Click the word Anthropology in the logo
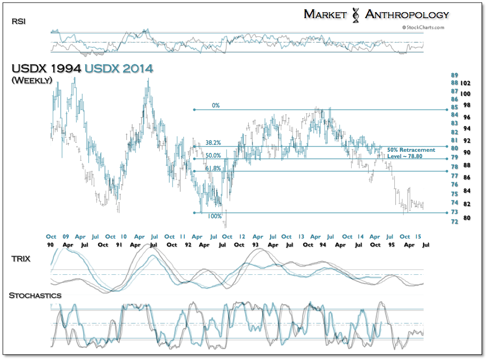pos(407,14)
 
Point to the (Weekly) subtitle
pos(31,80)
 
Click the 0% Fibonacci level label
pos(215,105)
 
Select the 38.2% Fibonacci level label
pos(213,143)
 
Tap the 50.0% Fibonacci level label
pos(213,156)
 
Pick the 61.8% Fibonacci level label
pos(213,168)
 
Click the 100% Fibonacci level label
pos(214,217)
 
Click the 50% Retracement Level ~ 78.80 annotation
pos(411,153)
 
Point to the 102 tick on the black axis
pos(466,83)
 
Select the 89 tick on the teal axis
pos(454,76)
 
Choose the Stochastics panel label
pos(35,295)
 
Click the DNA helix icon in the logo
pos(355,15)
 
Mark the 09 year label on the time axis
pos(66,236)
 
